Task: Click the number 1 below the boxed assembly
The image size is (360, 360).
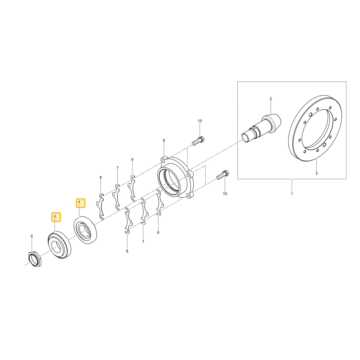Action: (x=292, y=194)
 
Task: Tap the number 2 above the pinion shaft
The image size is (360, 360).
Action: (x=271, y=99)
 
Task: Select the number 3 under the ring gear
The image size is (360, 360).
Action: (x=316, y=174)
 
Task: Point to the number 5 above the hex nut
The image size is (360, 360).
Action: (x=32, y=236)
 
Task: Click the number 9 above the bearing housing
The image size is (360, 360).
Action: (x=164, y=140)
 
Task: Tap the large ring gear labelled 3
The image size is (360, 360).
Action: (x=315, y=128)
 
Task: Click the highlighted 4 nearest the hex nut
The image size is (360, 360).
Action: (x=56, y=217)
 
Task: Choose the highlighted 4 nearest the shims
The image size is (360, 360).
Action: (x=80, y=203)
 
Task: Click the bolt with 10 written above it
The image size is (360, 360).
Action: (x=199, y=141)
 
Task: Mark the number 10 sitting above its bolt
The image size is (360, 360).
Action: (x=200, y=121)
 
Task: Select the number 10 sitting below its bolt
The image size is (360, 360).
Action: (x=225, y=194)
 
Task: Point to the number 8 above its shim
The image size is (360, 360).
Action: (x=100, y=177)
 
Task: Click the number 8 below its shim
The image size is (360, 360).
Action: (x=127, y=251)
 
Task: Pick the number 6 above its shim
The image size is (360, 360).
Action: (x=132, y=159)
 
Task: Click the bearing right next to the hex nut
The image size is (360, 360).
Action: (x=59, y=245)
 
